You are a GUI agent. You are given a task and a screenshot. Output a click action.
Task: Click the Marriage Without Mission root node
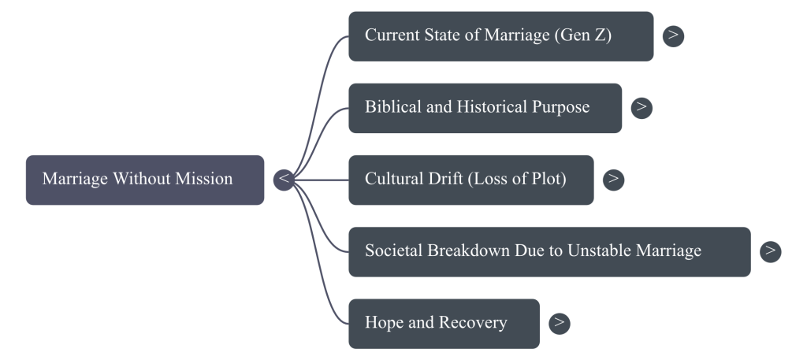(144, 180)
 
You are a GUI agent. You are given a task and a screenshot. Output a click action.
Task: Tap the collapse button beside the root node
(284, 180)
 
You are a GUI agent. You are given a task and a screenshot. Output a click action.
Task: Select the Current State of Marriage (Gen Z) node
(500, 36)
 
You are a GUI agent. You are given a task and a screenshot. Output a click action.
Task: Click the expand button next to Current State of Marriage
(673, 35)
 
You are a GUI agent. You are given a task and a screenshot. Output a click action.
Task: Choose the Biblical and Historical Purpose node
(485, 108)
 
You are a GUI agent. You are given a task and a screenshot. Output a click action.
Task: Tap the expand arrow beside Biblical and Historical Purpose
(642, 107)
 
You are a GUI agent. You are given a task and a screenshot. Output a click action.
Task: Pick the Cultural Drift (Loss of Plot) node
(470, 180)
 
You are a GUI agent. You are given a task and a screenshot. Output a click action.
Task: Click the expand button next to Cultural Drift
(613, 180)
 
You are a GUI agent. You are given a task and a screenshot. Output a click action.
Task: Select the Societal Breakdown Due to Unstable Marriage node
(549, 251)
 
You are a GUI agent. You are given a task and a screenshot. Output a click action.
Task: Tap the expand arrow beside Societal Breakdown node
(771, 251)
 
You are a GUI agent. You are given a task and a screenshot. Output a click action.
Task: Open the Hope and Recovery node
(444, 323)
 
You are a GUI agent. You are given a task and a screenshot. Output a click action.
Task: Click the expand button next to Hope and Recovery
(559, 323)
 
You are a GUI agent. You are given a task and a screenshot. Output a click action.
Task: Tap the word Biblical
(392, 107)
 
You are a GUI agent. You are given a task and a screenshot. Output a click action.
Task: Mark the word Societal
(393, 251)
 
